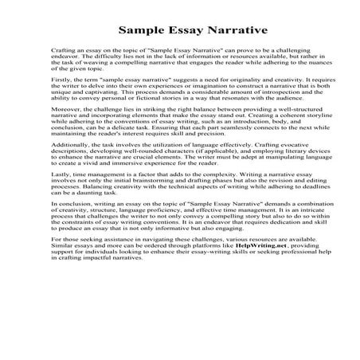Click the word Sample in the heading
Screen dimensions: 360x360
[x=139, y=33]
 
